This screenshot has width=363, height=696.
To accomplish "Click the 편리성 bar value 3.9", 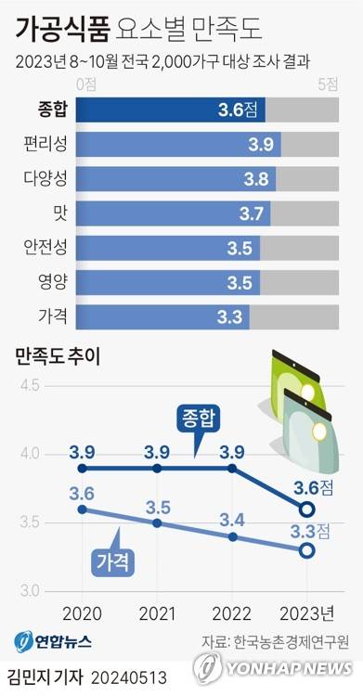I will (x=260, y=144).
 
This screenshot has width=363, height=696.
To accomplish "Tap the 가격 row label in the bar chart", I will (x=52, y=316).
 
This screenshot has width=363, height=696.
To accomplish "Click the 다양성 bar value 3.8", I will (x=256, y=178).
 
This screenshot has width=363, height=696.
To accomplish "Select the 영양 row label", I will (x=52, y=281).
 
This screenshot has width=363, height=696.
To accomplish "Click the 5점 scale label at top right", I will (x=328, y=84).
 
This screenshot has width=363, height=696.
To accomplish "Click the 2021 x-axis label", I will (x=157, y=613).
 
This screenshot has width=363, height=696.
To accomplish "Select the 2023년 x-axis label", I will (x=307, y=613).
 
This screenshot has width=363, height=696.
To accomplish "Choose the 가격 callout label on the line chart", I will (x=112, y=561).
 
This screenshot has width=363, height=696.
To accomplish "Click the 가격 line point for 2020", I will (x=82, y=509).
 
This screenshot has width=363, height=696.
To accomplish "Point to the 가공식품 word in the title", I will (x=61, y=32).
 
